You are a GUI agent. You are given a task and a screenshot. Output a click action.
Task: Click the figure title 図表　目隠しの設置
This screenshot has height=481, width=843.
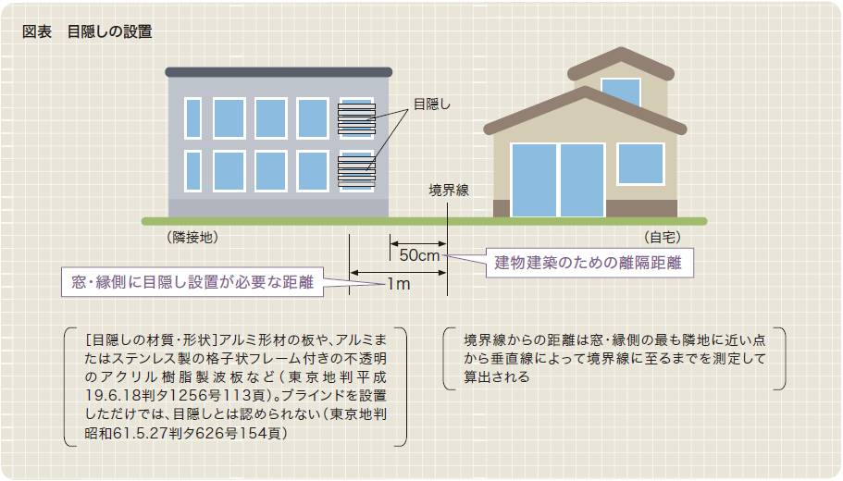(x=87, y=31)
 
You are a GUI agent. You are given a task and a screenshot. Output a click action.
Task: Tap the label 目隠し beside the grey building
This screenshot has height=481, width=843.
(x=432, y=105)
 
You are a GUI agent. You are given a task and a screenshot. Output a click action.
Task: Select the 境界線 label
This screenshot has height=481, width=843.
(x=449, y=191)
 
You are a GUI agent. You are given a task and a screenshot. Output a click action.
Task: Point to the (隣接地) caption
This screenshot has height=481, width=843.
(x=192, y=237)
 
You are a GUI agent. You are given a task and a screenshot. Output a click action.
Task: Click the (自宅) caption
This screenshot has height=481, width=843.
(x=662, y=237)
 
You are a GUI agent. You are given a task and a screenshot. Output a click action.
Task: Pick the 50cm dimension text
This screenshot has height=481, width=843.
(x=419, y=255)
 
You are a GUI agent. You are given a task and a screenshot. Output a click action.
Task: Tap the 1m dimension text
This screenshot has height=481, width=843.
(x=399, y=284)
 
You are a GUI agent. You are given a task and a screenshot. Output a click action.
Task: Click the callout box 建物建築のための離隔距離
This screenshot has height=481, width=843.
(x=589, y=263)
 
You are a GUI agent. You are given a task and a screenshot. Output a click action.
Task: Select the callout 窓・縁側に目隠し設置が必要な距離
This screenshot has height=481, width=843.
(x=192, y=282)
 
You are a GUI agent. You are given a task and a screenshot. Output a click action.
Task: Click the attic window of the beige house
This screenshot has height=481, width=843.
(x=621, y=92)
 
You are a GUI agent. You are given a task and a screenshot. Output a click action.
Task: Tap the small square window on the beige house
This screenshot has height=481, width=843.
(x=641, y=164)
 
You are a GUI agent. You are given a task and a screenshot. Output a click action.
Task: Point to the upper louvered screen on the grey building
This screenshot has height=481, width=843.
(x=356, y=118)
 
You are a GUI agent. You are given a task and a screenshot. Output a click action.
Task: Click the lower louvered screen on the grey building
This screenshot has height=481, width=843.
(x=356, y=171)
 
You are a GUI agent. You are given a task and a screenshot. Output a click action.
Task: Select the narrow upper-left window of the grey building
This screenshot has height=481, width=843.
(x=193, y=118)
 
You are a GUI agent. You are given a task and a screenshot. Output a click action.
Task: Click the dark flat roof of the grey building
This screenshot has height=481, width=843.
(x=279, y=72)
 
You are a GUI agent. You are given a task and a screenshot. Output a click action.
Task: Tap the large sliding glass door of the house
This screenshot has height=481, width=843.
(x=558, y=180)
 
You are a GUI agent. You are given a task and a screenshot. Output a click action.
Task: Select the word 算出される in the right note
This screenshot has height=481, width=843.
(x=497, y=377)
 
